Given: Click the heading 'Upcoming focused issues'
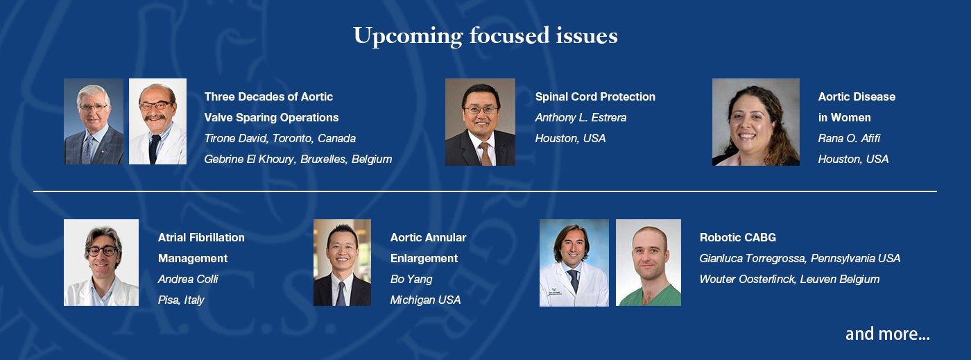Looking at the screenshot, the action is tap(486, 36).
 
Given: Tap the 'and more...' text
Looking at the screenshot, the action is tap(887, 334).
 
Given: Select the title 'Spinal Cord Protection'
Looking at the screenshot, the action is tap(595, 96).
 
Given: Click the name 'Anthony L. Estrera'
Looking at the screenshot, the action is tap(581, 117).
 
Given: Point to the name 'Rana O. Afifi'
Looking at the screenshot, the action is tap(849, 138).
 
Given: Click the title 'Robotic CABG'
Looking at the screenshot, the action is tap(738, 238).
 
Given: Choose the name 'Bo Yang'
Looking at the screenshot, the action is tap(411, 280).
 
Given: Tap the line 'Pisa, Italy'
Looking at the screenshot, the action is tap(181, 300).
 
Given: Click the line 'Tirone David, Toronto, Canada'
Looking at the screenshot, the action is tap(280, 138).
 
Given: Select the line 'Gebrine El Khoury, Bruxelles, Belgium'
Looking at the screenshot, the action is tap(298, 159).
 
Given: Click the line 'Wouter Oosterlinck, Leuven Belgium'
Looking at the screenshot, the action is tap(790, 280).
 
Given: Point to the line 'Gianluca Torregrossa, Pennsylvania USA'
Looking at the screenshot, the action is tap(800, 259).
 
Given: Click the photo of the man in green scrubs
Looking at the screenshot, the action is tap(648, 262).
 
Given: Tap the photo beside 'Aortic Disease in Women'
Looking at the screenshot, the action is tap(756, 122).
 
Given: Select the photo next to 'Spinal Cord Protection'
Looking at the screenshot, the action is tap(480, 122).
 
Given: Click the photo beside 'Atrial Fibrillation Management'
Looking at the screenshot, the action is tap(101, 262).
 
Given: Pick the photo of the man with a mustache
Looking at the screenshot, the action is tap(158, 121).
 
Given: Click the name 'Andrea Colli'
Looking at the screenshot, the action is tap(188, 280).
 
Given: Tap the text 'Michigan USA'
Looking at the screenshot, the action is tap(425, 300).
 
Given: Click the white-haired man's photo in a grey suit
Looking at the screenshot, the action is tap(94, 121).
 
